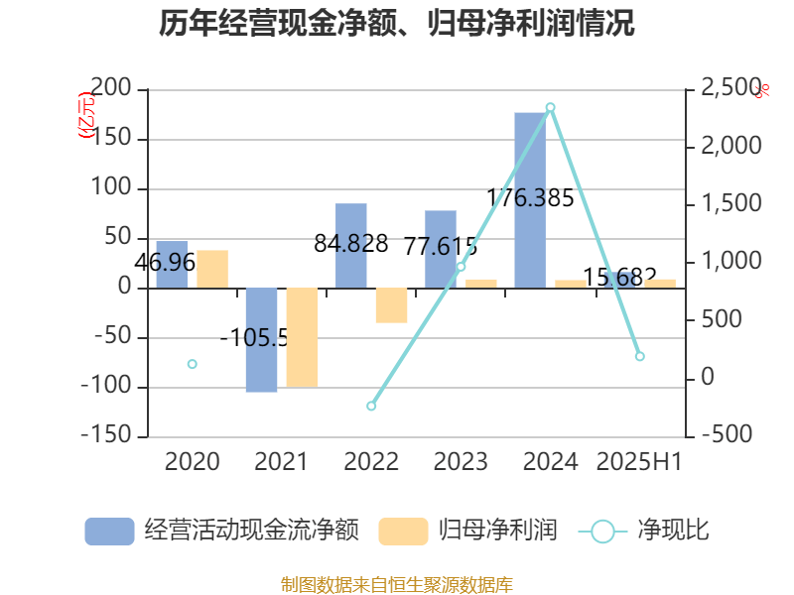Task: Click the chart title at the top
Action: pyautogui.click(x=397, y=24)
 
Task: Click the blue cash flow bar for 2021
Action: pyautogui.click(x=261, y=340)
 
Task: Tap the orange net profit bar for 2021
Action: pyautogui.click(x=302, y=337)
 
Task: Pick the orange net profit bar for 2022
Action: pyautogui.click(x=391, y=305)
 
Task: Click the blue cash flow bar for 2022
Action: pyautogui.click(x=351, y=246)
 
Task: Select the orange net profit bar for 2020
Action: pyautogui.click(x=212, y=269)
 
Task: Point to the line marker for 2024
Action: pyautogui.click(x=550, y=107)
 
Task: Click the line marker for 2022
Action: pyautogui.click(x=371, y=406)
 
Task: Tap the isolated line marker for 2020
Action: pyautogui.click(x=193, y=364)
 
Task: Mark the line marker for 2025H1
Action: pyautogui.click(x=639, y=356)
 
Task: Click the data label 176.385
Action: pyautogui.click(x=530, y=198)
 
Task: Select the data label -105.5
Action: pyautogui.click(x=254, y=339)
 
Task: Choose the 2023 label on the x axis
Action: pyautogui.click(x=461, y=462)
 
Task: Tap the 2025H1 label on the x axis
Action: pyautogui.click(x=639, y=462)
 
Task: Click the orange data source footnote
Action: pyautogui.click(x=397, y=584)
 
